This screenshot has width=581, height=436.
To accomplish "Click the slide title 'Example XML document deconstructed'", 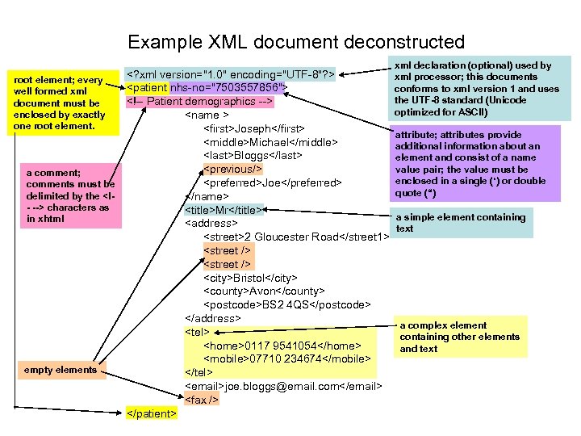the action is tap(296, 42).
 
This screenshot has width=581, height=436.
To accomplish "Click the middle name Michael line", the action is tap(270, 143).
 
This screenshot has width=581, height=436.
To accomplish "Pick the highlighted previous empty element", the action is tap(232, 170).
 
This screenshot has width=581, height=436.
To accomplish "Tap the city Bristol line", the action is tap(250, 278).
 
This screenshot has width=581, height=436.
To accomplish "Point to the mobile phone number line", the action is tap(286, 358).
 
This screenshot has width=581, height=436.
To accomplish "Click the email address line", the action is tap(282, 387).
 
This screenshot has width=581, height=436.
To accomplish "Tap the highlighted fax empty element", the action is tap(202, 400).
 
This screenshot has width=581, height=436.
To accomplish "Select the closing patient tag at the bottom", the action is tap(152, 414).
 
